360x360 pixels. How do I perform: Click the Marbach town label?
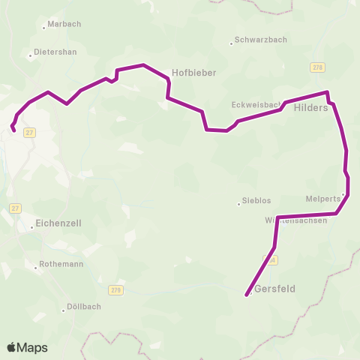pos(63,24)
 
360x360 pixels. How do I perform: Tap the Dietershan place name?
pos(53,54)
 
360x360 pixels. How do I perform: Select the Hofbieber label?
pos(194,73)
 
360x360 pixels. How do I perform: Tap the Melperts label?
pos(322,199)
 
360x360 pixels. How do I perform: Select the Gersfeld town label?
pos(274,289)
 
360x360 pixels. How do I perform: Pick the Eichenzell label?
pos(58,223)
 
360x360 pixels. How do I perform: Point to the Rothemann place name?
pos(62,265)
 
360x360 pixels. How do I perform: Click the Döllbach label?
pos(84,307)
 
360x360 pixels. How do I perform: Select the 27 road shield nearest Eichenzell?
pos(16,208)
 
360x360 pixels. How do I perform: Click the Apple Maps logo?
pos(27,347)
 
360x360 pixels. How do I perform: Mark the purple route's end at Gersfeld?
pos(247,295)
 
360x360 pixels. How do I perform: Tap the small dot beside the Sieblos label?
pos(238,202)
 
